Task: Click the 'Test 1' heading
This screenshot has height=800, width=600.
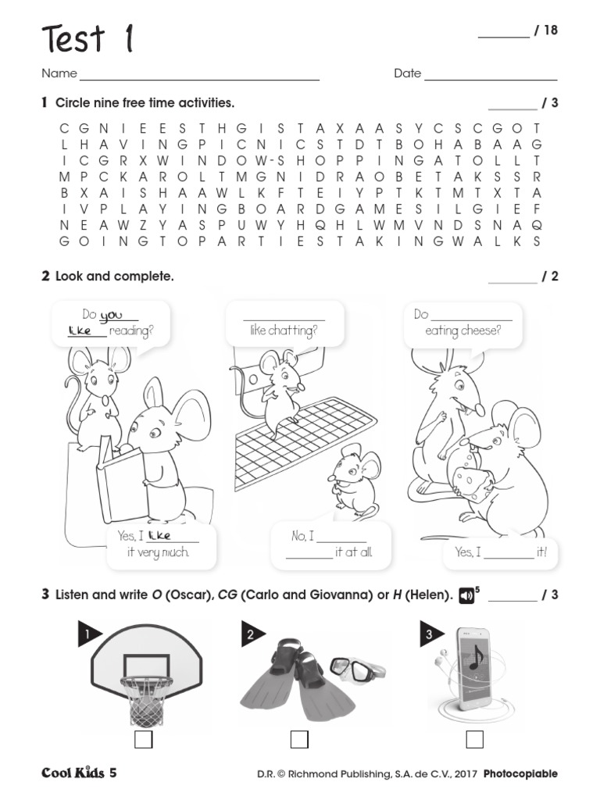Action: (x=87, y=38)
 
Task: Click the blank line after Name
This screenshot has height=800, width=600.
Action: (x=199, y=80)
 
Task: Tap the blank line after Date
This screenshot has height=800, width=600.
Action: (x=490, y=80)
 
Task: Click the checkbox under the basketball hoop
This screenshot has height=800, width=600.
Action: (x=143, y=739)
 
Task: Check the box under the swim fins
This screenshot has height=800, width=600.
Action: (x=299, y=739)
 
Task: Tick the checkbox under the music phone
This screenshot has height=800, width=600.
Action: (x=474, y=739)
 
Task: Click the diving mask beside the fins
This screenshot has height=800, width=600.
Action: (x=356, y=668)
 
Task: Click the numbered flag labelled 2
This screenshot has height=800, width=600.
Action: (x=252, y=635)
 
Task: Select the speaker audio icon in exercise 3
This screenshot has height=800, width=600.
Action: (x=466, y=595)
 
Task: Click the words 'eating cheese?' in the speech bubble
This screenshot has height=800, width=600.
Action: (x=462, y=331)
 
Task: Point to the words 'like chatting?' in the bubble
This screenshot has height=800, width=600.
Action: (x=284, y=331)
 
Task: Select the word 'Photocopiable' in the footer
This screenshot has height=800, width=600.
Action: (x=520, y=774)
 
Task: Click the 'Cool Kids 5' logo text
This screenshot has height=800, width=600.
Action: (x=79, y=773)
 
